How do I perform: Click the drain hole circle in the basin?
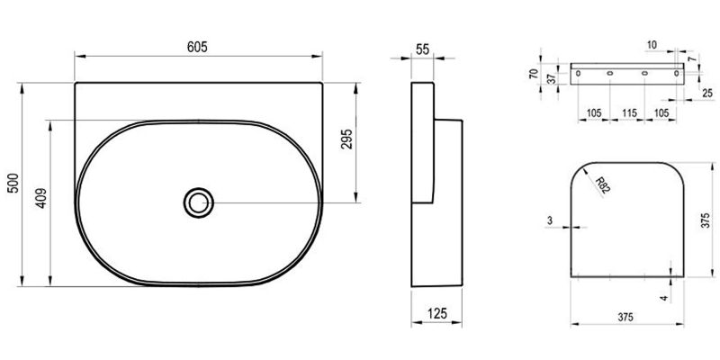point(198,202)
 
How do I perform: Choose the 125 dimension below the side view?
point(437,313)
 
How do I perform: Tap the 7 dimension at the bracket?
point(691,58)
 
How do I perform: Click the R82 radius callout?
point(601,185)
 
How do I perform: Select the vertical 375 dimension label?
point(706,221)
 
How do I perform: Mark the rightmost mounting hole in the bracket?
point(677,72)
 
